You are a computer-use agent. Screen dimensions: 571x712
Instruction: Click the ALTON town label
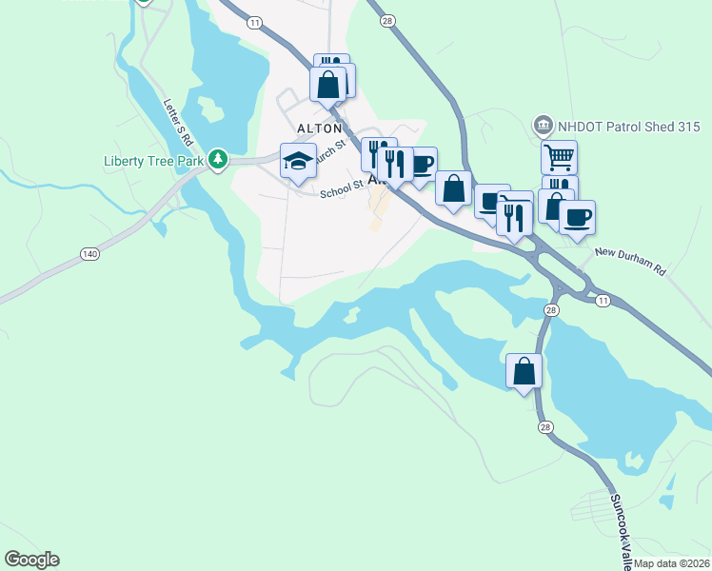click(319, 128)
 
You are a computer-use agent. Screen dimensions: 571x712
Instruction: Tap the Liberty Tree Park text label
click(153, 161)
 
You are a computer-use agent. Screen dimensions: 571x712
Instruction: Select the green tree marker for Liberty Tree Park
click(219, 159)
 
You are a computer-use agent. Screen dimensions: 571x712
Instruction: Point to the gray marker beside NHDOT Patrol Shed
click(544, 124)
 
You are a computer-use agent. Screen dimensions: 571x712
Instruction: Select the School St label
click(343, 190)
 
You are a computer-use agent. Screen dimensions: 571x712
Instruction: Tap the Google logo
click(31, 560)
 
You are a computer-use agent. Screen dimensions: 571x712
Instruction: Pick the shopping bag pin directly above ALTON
click(328, 84)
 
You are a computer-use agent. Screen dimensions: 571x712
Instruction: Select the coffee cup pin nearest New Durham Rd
click(577, 217)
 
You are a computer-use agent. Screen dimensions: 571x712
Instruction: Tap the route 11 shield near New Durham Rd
click(603, 300)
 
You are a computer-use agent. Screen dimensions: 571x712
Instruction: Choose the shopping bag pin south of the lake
click(524, 371)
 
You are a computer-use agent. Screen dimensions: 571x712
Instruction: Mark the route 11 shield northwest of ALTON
click(253, 21)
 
